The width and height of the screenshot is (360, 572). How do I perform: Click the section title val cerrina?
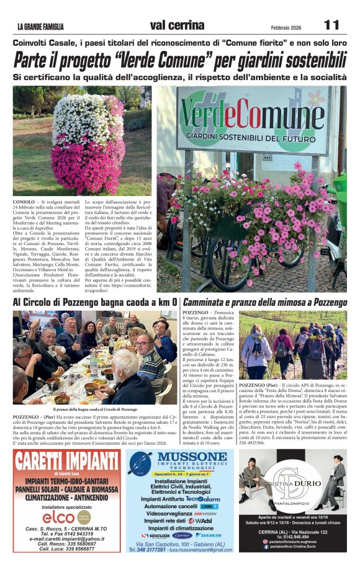[177, 25]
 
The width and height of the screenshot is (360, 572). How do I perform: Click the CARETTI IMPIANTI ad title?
[66, 462]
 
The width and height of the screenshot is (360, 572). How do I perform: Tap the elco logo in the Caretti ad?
[59, 516]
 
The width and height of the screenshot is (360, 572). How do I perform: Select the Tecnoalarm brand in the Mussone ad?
[202, 498]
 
